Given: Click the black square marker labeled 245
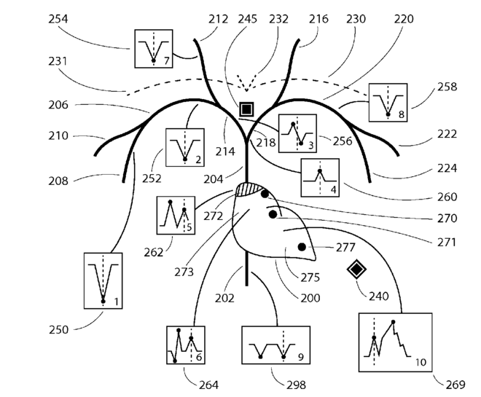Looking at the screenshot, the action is pyautogui.click(x=246, y=109).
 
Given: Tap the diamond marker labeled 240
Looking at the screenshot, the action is pyautogui.click(x=356, y=270).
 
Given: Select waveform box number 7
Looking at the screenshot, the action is pyautogui.click(x=154, y=49).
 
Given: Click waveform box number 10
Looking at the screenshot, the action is pyautogui.click(x=396, y=342).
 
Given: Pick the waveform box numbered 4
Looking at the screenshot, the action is pyautogui.click(x=320, y=178).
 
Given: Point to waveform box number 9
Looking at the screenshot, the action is pyautogui.click(x=275, y=345).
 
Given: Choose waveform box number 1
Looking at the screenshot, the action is pyautogui.click(x=103, y=280).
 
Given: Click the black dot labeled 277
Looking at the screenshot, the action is pyautogui.click(x=302, y=247).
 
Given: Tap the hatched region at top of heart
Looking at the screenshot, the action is pyautogui.click(x=249, y=189).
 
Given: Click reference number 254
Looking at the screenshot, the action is pyautogui.click(x=58, y=19).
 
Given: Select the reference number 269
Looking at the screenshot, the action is pyautogui.click(x=455, y=385).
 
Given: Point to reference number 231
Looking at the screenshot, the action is pyautogui.click(x=58, y=61).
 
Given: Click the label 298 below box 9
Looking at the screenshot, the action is pyautogui.click(x=297, y=385).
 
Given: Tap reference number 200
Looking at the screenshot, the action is pyautogui.click(x=310, y=298).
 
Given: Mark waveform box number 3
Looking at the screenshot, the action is pyautogui.click(x=297, y=133).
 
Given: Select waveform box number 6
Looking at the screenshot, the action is pyautogui.click(x=186, y=345).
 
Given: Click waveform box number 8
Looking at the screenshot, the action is pyautogui.click(x=388, y=103).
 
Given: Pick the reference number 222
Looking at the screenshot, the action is pyautogui.click(x=447, y=134).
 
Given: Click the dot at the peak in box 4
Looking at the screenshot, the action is pyautogui.click(x=320, y=170).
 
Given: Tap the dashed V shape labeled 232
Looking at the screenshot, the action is pyautogui.click(x=246, y=83).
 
